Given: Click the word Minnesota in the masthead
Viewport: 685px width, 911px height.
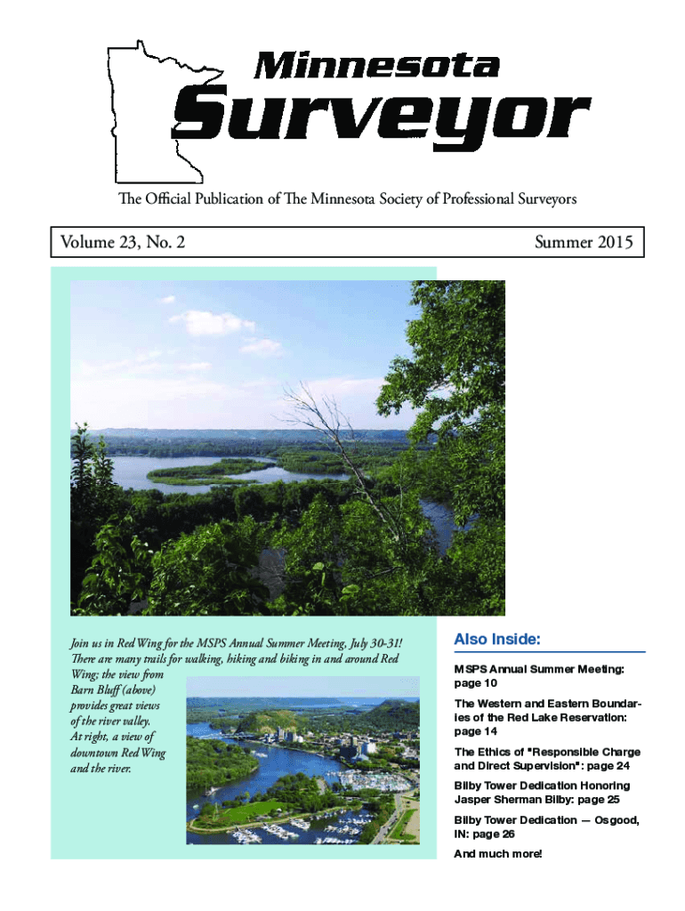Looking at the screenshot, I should pos(377,65).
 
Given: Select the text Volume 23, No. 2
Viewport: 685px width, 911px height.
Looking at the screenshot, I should pos(123,242).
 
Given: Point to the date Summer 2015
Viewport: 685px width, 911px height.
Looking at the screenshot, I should pos(584,242).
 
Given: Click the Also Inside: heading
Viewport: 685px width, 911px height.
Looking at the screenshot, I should pos(497,640).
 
